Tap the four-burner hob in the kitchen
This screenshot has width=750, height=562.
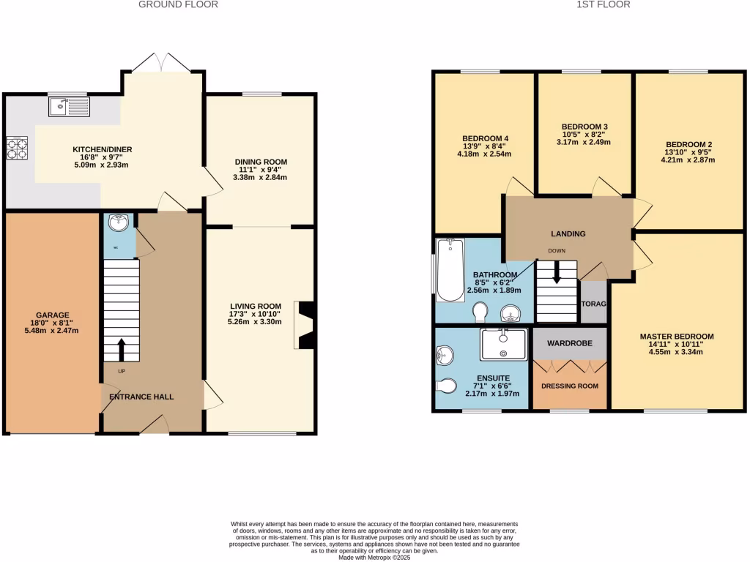click(x=18, y=149)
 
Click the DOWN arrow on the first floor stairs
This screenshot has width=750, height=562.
click(x=557, y=274)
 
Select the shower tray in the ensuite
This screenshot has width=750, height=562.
click(x=503, y=344)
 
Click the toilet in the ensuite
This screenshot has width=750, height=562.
click(x=448, y=384)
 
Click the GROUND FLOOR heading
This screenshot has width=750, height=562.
click(x=178, y=4)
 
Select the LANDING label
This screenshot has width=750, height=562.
click(x=568, y=234)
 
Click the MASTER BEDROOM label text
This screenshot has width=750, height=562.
click(x=676, y=337)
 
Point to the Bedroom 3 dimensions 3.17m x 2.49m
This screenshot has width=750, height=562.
click(x=584, y=142)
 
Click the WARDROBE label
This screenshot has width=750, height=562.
click(x=569, y=342)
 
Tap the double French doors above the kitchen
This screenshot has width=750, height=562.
click(x=163, y=64)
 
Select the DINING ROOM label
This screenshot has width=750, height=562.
click(x=261, y=162)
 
